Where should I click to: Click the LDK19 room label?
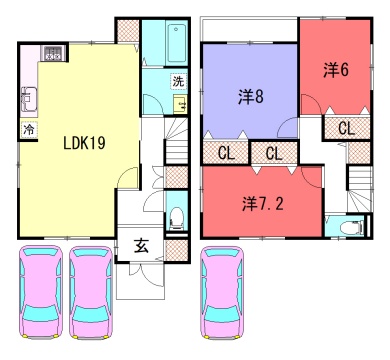(x=85, y=143)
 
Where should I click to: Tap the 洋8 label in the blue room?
(x=251, y=97)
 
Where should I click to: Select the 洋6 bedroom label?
(x=336, y=70)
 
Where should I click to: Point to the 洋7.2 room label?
(x=263, y=204)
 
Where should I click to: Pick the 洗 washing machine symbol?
(x=178, y=81)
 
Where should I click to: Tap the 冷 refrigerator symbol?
(x=29, y=129)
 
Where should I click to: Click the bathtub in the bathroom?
(x=176, y=43)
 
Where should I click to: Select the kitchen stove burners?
(x=53, y=53)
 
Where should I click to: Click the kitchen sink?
(x=29, y=99)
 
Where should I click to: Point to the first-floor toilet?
(x=176, y=218)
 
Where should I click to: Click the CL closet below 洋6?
(x=346, y=128)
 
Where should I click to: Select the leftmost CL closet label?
(x=226, y=153)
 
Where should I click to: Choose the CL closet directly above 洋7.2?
(x=274, y=153)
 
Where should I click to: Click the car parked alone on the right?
(x=221, y=292)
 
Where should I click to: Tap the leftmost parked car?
(x=41, y=292)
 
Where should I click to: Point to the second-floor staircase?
(x=359, y=188)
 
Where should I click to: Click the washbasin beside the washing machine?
(x=180, y=104)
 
